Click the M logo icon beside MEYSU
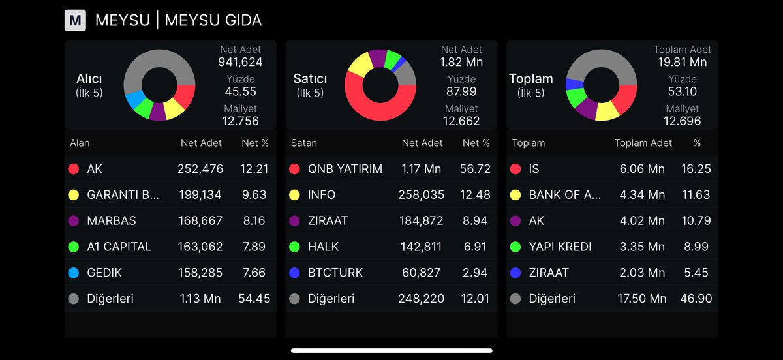(x=75, y=21)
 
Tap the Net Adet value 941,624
(x=240, y=63)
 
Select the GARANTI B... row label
(x=123, y=195)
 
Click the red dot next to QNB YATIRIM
(x=294, y=169)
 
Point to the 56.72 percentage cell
(x=476, y=169)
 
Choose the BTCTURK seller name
(x=335, y=273)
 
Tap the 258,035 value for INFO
(x=420, y=195)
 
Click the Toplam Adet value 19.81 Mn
(x=683, y=63)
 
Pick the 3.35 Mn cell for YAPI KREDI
(x=642, y=247)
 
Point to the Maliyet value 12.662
(x=461, y=121)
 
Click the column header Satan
(x=303, y=143)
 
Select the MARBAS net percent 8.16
(x=254, y=220)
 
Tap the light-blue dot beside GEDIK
(x=73, y=273)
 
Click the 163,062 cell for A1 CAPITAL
(x=200, y=247)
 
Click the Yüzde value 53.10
(x=683, y=92)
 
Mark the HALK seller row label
(x=323, y=247)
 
